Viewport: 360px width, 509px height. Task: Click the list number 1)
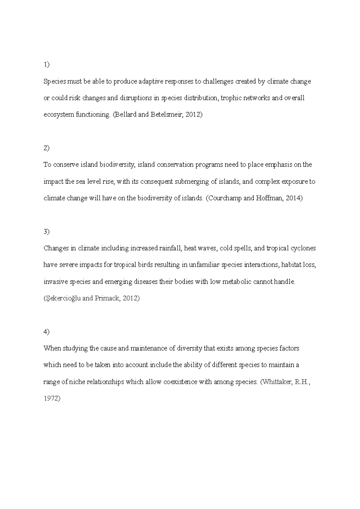click(46, 65)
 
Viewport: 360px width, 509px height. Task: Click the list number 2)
click(46, 148)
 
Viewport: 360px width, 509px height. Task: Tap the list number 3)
click(46, 232)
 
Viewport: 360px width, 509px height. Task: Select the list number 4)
click(46, 332)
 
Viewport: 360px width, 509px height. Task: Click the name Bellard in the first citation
click(125, 115)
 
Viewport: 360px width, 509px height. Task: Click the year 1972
click(52, 399)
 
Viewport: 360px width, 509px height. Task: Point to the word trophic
click(231, 98)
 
